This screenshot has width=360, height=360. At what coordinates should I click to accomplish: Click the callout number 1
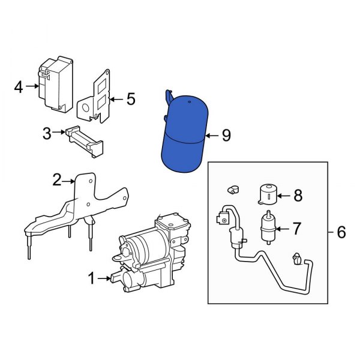[92, 278]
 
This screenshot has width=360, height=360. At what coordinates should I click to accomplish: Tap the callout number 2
[57, 179]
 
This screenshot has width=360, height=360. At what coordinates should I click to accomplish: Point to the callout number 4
[19, 88]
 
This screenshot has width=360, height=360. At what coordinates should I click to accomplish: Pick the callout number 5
[131, 98]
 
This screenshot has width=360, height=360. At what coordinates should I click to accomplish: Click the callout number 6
[341, 232]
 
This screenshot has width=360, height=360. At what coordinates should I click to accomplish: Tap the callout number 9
[226, 136]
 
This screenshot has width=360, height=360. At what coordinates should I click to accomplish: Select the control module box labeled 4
[55, 84]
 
